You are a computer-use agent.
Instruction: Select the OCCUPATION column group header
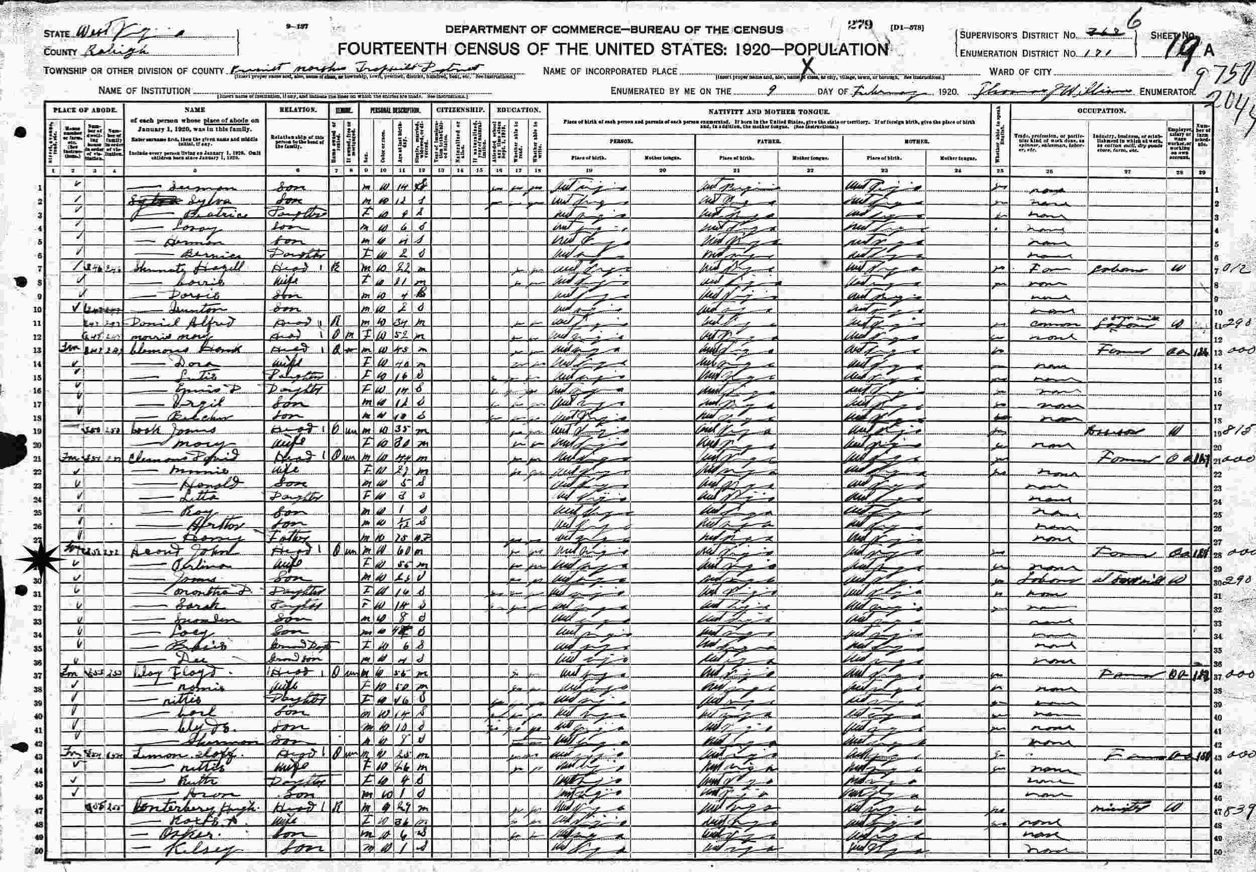(1101, 110)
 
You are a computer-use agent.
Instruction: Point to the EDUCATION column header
(518, 110)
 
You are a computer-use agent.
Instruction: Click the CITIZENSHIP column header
(461, 110)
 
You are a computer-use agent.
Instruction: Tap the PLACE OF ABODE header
(84, 110)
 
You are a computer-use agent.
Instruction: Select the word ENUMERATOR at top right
(1167, 92)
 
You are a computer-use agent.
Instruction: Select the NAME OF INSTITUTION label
(144, 91)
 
